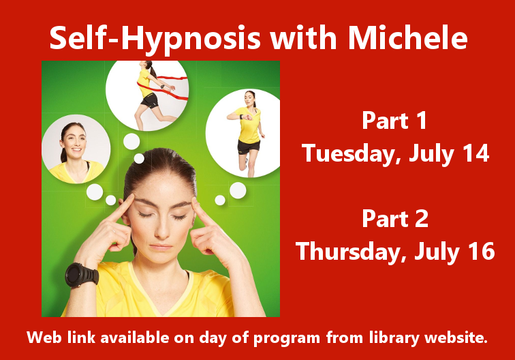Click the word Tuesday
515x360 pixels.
click(350, 154)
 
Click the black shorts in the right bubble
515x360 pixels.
click(248, 145)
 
